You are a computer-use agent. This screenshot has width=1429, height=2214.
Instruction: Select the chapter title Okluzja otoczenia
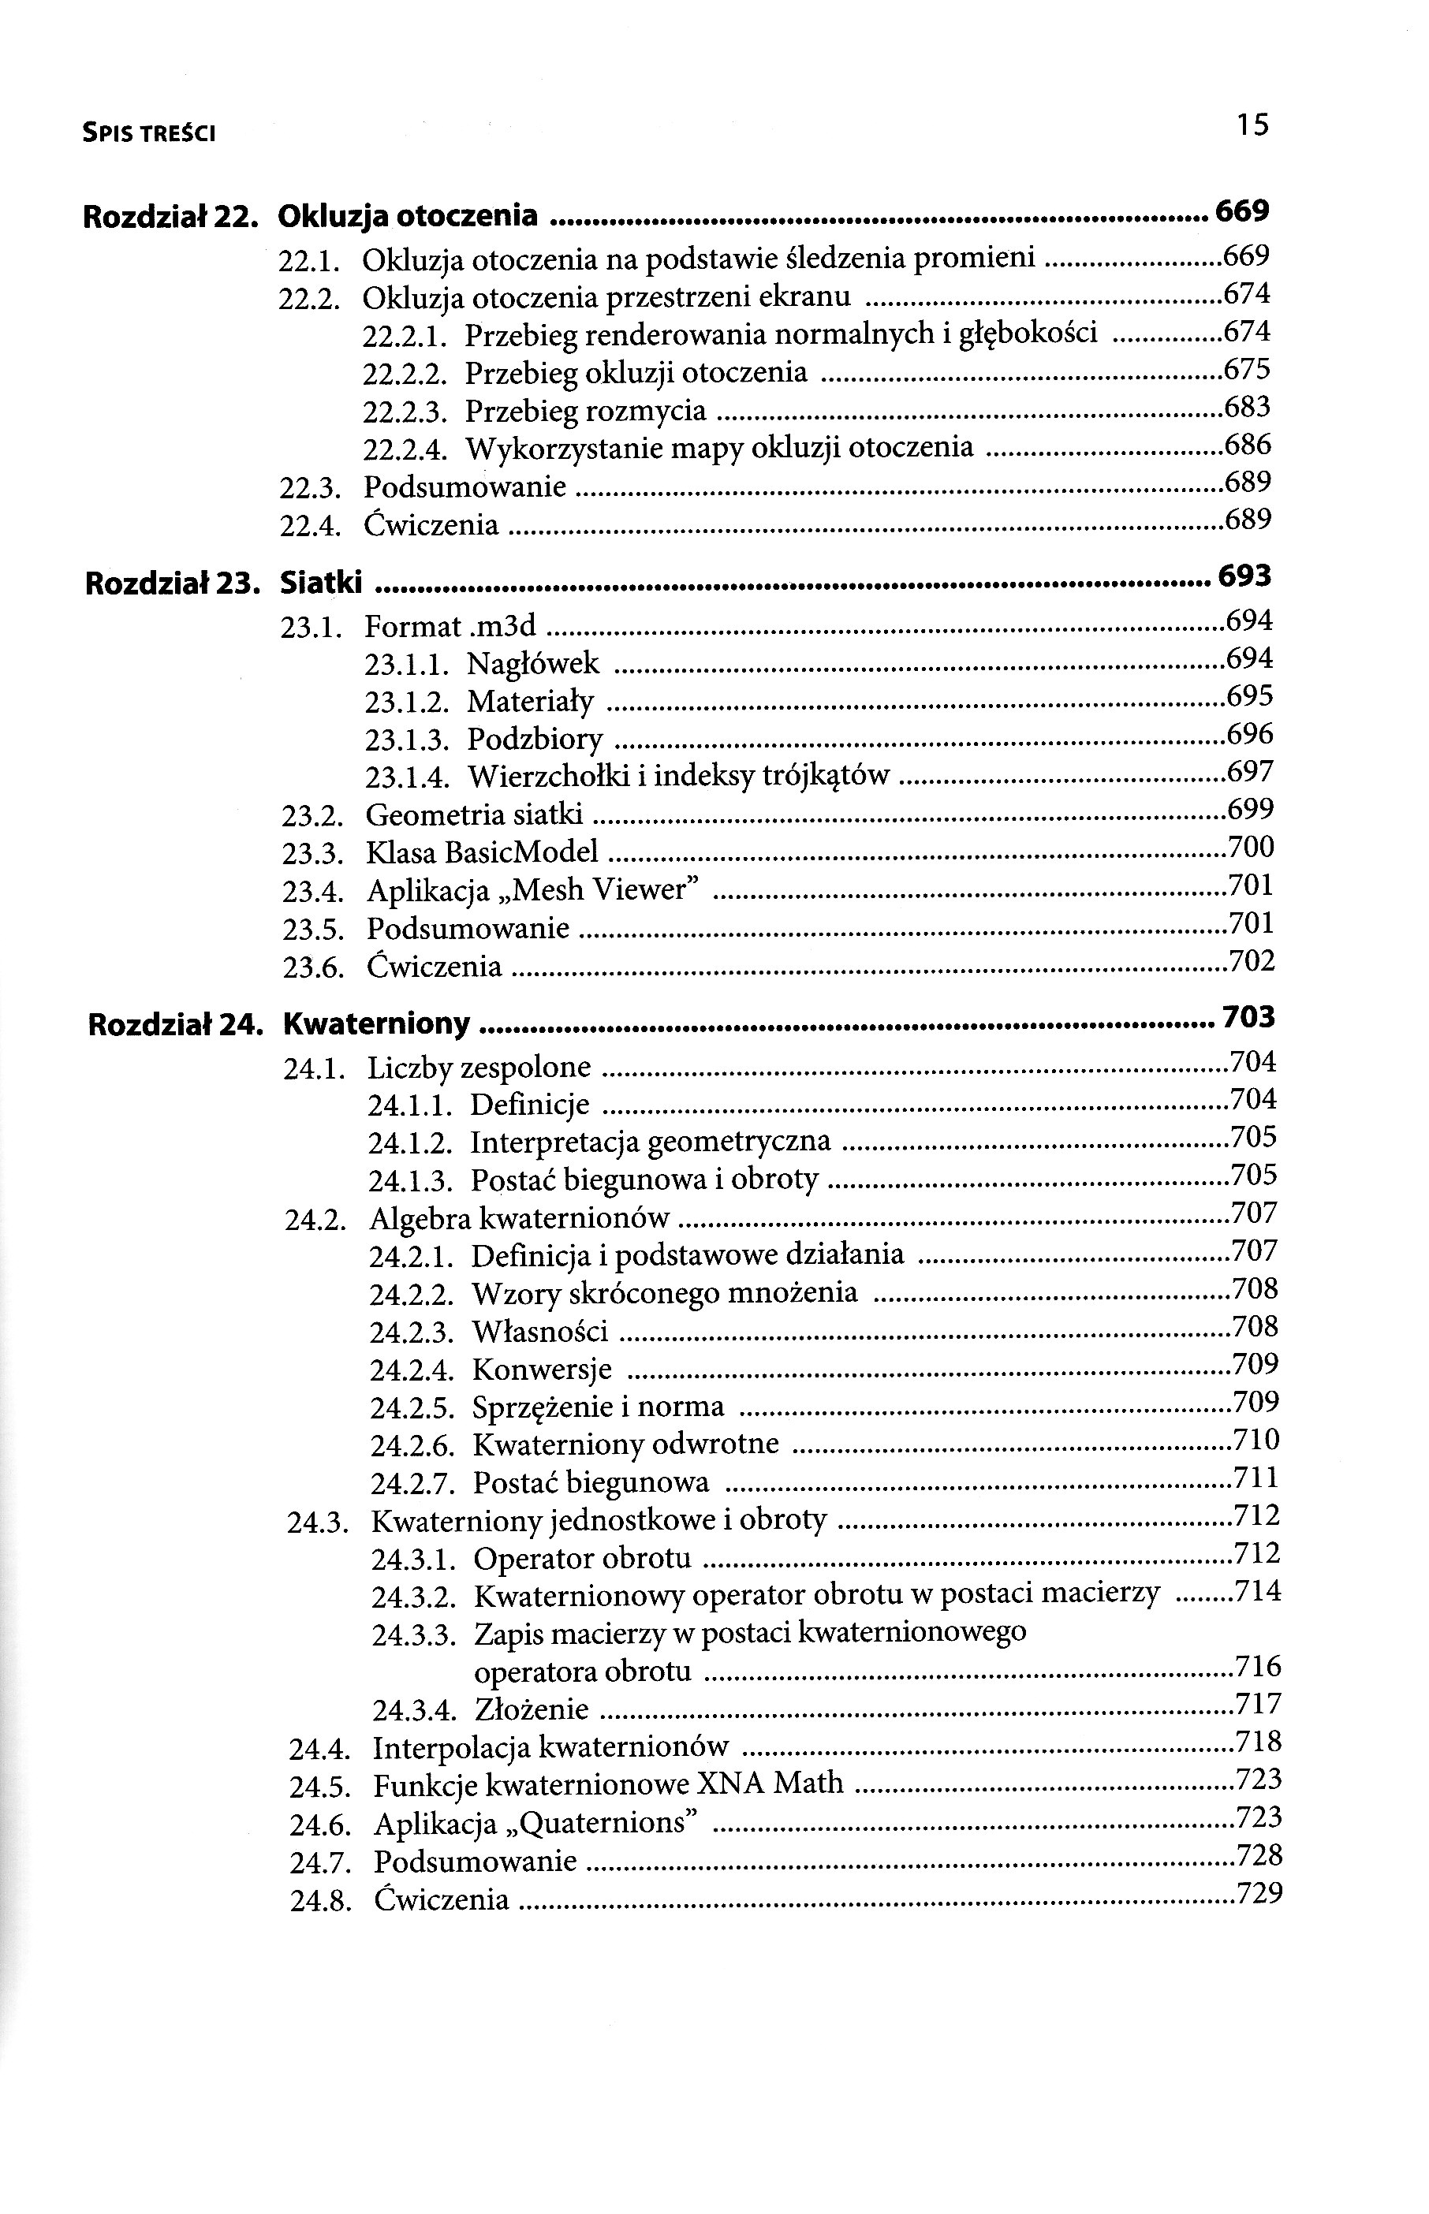pyautogui.click(x=409, y=216)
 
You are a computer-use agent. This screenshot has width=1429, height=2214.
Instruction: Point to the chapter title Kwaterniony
pyautogui.click(x=377, y=1023)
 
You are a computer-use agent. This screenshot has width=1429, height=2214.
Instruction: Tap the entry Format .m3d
pyautogui.click(x=451, y=626)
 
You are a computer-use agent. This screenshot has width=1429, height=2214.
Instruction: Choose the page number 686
pyautogui.click(x=1248, y=445)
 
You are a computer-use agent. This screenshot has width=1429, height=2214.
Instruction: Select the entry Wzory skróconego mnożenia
pyautogui.click(x=664, y=1293)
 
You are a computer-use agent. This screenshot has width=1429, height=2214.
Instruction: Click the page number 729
pyautogui.click(x=1260, y=1892)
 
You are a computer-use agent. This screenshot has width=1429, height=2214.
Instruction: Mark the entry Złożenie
pyautogui.click(x=531, y=1709)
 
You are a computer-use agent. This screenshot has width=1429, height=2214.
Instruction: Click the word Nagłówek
pyautogui.click(x=532, y=664)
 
